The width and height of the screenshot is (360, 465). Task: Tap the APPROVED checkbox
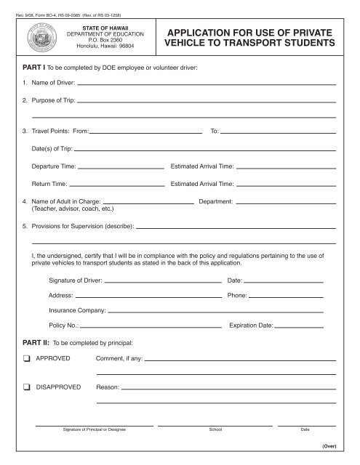(x=26, y=358)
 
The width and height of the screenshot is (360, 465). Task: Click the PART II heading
(x=34, y=341)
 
